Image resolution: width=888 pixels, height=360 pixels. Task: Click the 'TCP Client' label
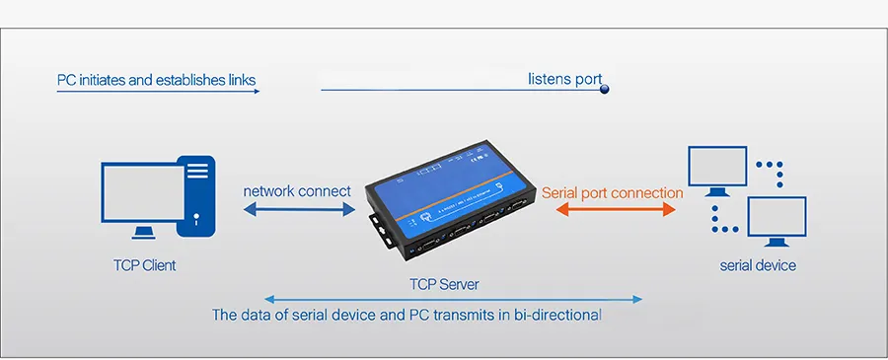coord(144,265)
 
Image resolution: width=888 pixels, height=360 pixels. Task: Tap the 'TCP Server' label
coord(444,284)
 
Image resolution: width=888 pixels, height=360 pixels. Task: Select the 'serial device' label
coord(757,265)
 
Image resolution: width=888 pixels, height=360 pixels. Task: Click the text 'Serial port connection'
coord(612,193)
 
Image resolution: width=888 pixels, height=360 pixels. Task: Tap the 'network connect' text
coord(297,191)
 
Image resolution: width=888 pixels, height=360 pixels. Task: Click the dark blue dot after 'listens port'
coord(605,90)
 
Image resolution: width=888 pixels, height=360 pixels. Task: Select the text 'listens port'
coord(564,79)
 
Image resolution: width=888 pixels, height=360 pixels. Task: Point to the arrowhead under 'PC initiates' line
coord(256,91)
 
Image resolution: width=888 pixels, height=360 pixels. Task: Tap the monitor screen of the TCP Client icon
coord(143,192)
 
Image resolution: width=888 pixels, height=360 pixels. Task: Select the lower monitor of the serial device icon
coord(777,216)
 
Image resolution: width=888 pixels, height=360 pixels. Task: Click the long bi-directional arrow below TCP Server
coord(454,299)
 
